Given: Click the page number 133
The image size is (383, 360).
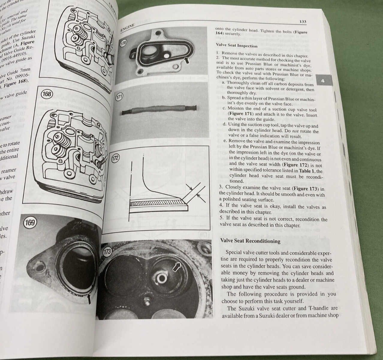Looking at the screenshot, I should point(303,22).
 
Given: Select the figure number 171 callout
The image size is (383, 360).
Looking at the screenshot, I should point(119,98).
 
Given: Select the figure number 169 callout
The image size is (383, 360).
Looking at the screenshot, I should point(30,223).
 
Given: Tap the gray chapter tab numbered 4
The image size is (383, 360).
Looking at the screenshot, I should point(323,81).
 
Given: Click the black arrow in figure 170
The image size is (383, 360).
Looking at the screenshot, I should point(186,61).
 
